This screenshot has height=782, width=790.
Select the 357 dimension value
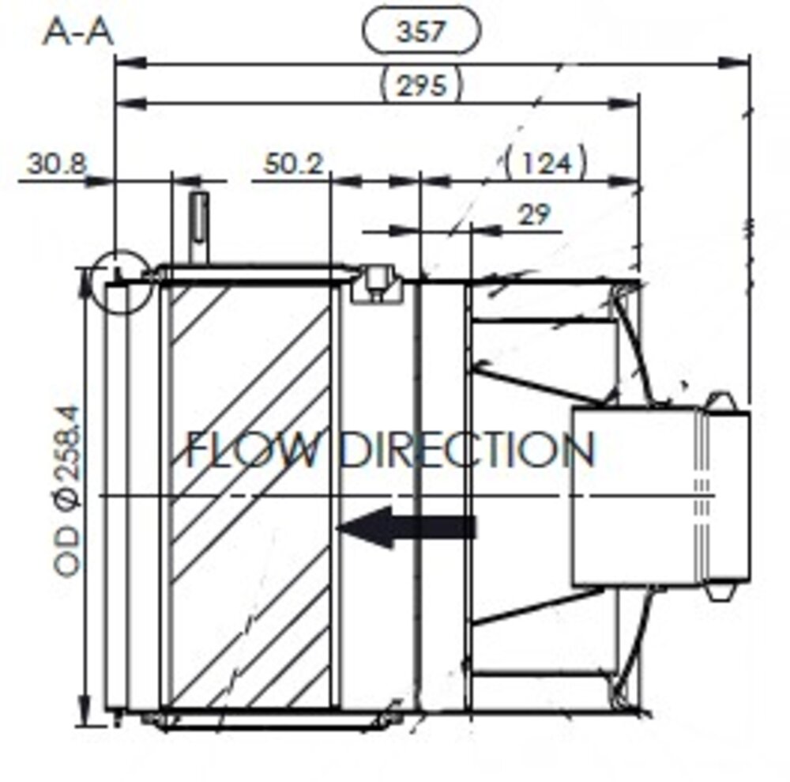pyautogui.click(x=420, y=32)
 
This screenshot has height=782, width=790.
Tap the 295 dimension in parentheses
pyautogui.click(x=421, y=84)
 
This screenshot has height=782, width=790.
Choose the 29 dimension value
pyautogui.click(x=534, y=213)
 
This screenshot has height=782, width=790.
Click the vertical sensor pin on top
pyautogui.click(x=199, y=225)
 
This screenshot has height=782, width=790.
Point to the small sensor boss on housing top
pyautogui.click(x=377, y=281)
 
